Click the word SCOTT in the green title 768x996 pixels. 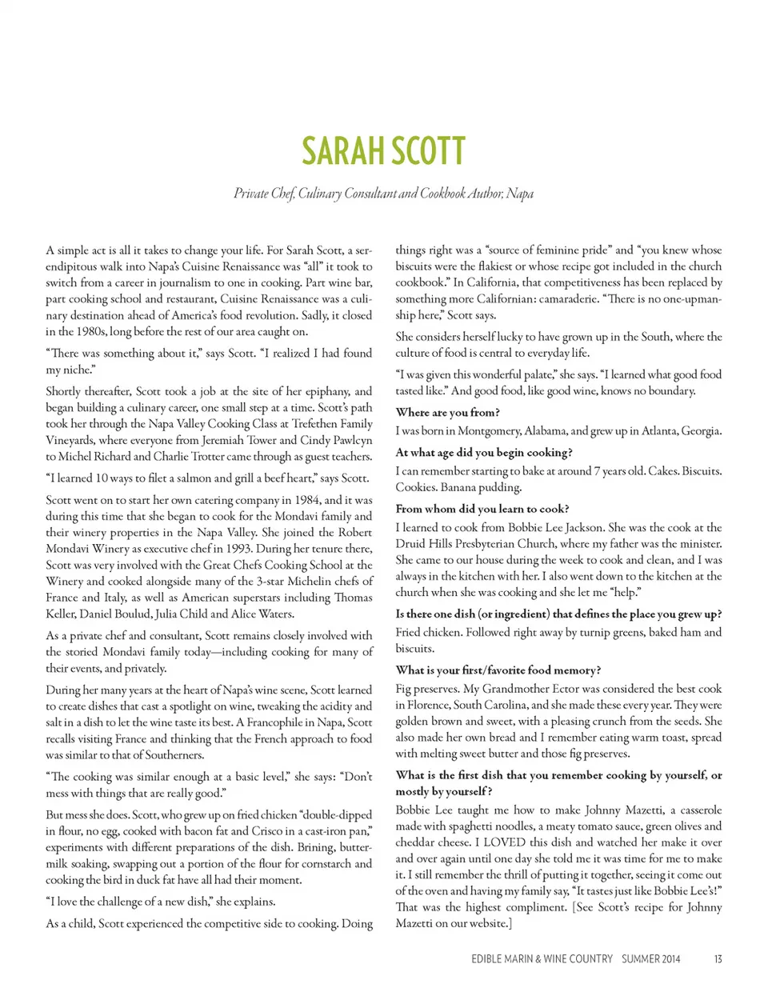point(425,152)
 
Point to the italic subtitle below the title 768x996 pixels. point(383,194)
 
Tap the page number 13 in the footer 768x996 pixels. point(718,958)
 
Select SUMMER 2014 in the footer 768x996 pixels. point(650,958)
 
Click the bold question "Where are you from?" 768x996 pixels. point(447,413)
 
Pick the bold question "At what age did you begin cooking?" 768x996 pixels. point(483,453)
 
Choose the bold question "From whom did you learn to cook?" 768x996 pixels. point(482,509)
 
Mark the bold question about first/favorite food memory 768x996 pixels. point(498,670)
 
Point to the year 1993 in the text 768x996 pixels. point(218,549)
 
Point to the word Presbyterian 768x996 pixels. point(489,544)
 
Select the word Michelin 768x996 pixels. point(304,582)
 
